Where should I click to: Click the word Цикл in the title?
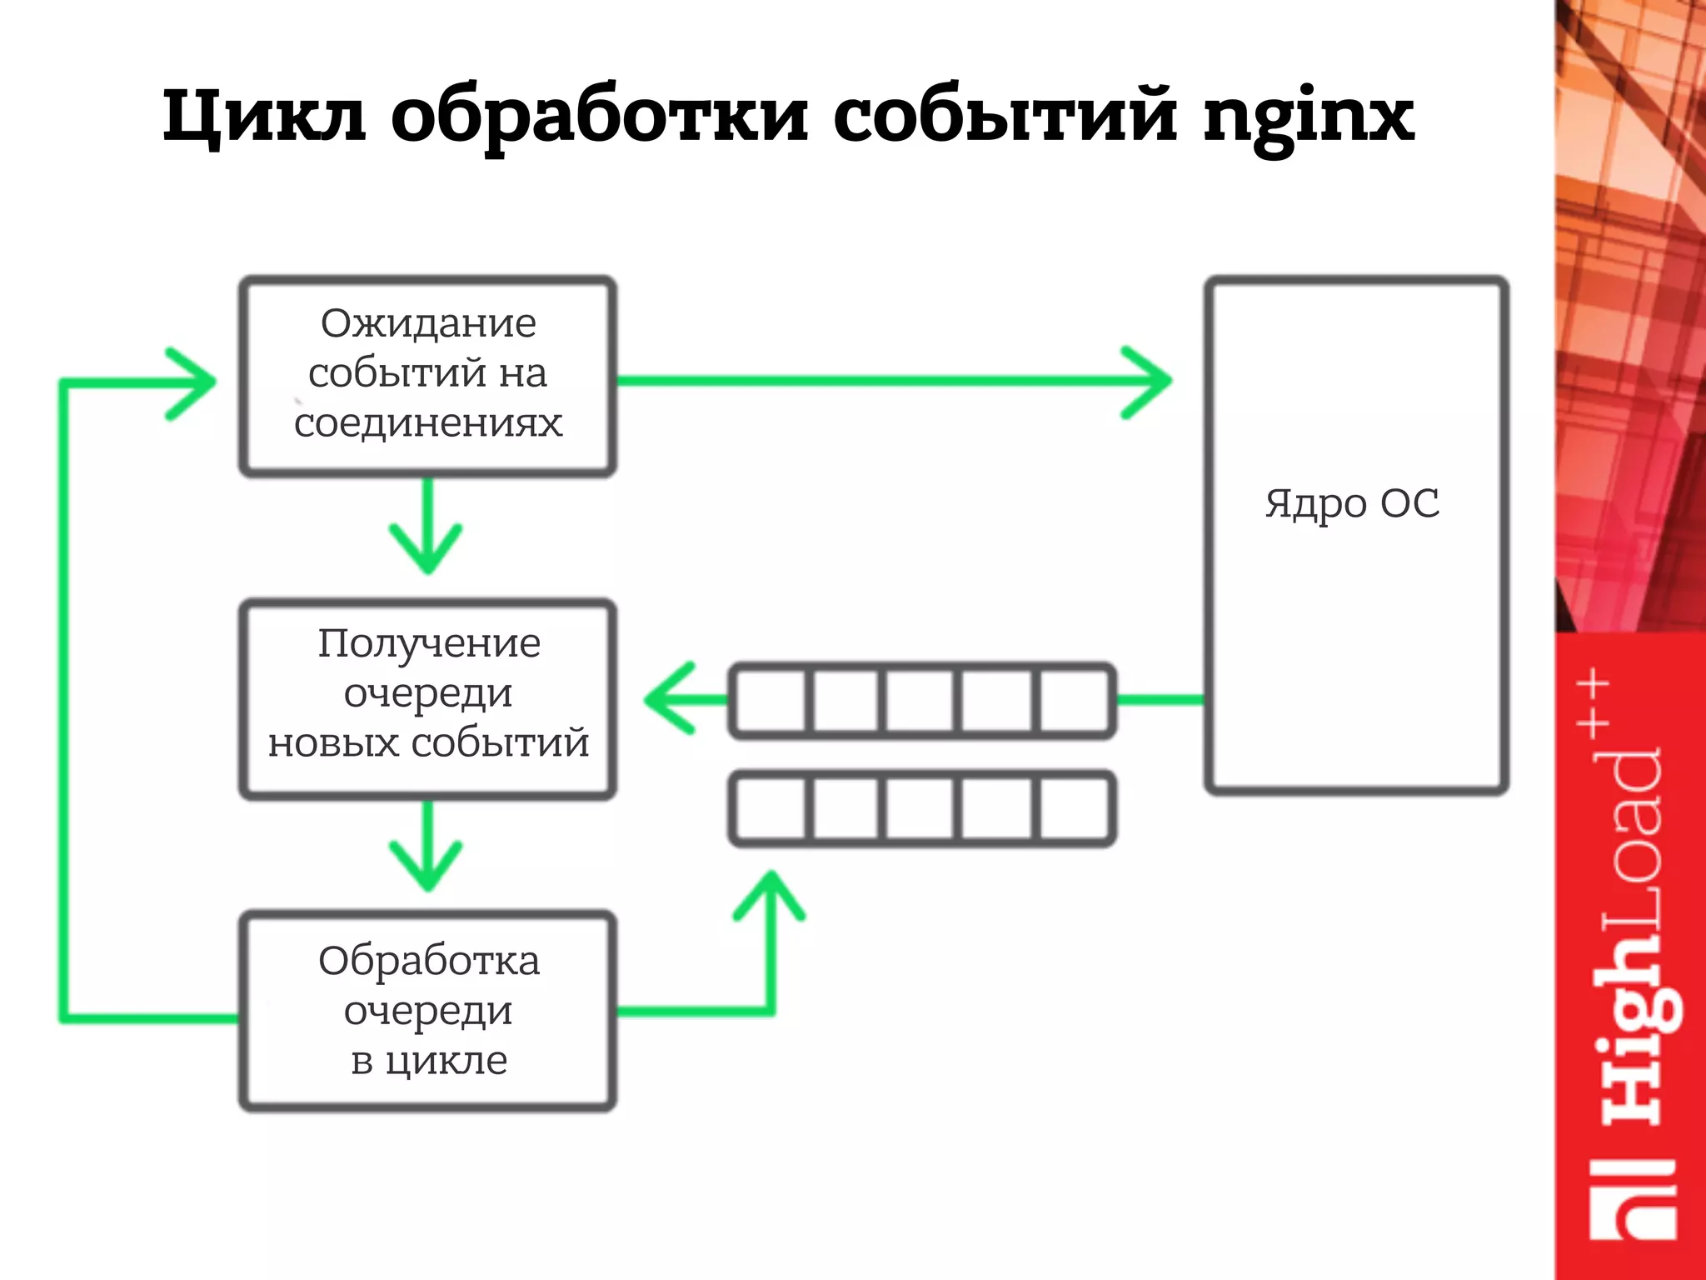point(263,117)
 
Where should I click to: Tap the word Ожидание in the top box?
point(428,323)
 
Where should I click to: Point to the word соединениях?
point(428,423)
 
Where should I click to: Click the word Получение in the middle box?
point(429,643)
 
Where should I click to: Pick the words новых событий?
point(428,742)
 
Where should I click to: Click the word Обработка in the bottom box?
point(429,961)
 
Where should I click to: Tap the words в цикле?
point(429,1061)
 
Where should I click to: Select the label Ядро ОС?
point(1352,503)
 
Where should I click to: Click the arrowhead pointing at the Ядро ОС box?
point(1150,382)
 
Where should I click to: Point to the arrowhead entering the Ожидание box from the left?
point(192,382)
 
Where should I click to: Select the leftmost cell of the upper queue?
point(771,700)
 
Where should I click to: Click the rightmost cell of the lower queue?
point(1074,808)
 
